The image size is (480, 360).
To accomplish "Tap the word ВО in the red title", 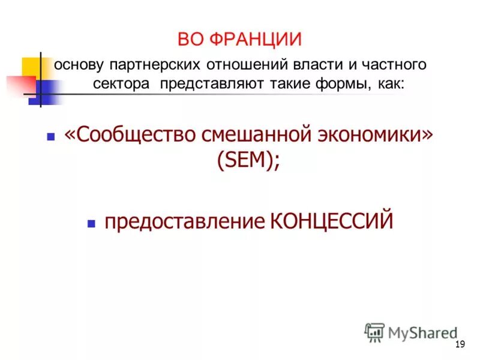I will (191, 40).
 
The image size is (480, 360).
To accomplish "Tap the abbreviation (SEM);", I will (248, 161).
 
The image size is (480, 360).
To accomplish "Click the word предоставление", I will (183, 221).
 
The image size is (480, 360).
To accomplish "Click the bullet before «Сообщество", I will (51, 137).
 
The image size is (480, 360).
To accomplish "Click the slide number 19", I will (460, 344).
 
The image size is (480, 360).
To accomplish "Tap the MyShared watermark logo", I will (410, 332).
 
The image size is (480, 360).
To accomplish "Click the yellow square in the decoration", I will (32, 66).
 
